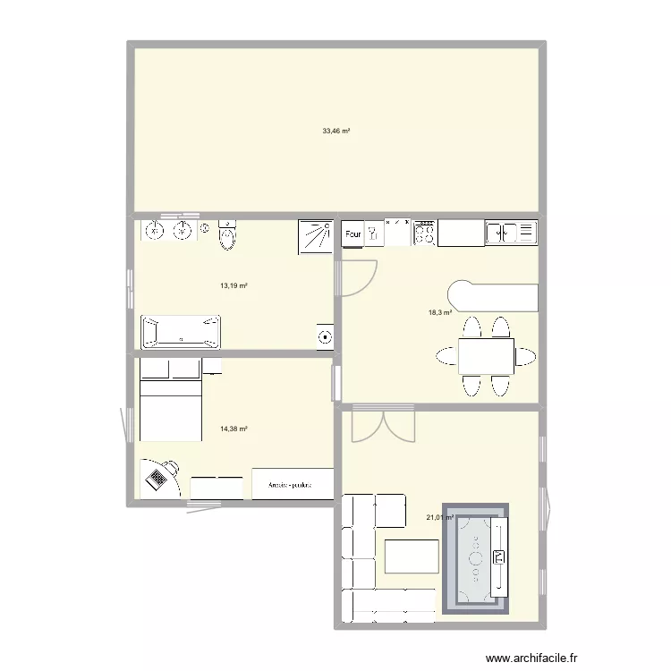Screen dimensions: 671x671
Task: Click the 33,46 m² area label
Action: point(336,131)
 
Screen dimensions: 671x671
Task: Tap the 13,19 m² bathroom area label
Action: point(234,286)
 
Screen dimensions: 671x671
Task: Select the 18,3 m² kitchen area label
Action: point(440,312)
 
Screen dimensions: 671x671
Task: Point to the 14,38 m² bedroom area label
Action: point(234,429)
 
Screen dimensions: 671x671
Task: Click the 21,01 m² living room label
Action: point(440,516)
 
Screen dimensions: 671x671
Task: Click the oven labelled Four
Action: point(353,234)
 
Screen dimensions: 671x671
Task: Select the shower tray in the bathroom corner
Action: point(315,234)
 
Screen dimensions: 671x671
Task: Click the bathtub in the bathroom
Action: point(181,331)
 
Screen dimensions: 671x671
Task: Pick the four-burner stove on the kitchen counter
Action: point(424,234)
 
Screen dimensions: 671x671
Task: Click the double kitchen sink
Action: point(511,234)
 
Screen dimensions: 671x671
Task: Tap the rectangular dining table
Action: point(486,356)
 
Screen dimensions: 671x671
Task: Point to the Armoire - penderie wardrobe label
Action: point(293,486)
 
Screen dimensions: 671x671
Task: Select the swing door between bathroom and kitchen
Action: point(360,276)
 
